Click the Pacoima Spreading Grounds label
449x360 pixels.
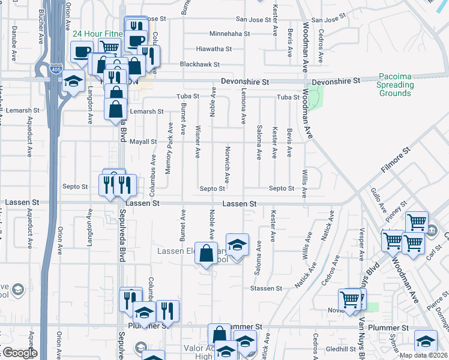[395, 85]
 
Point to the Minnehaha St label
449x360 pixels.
[228, 34]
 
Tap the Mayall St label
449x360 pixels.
[143, 142]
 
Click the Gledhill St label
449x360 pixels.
[342, 349]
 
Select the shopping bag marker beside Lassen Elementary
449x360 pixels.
[206, 253]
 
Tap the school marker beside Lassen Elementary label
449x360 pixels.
[237, 245]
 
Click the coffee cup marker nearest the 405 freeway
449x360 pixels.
[82, 51]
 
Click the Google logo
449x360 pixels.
[19, 353]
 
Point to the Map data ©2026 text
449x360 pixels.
[423, 355]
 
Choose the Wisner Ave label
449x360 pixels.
[198, 142]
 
